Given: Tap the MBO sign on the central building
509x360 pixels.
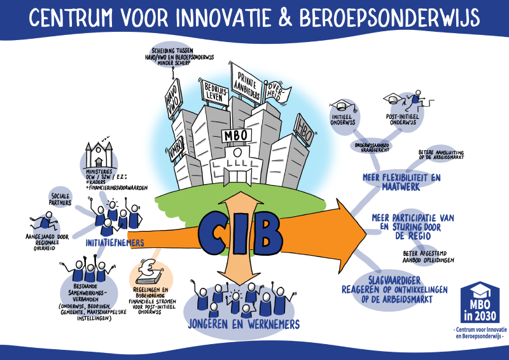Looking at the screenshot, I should click(x=236, y=136).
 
